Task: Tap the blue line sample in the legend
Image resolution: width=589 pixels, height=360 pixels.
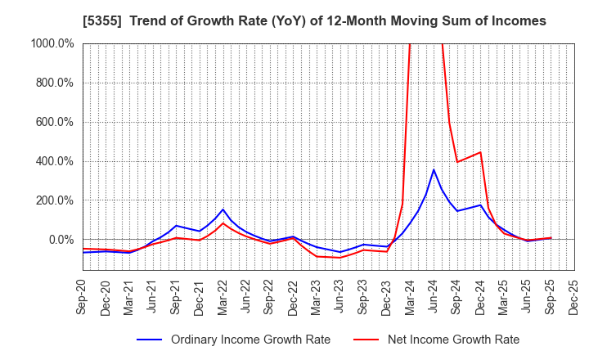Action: pos(159,340)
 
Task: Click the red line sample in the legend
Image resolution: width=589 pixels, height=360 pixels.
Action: pos(365,340)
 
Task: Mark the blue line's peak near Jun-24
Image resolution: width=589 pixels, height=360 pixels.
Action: pos(434,169)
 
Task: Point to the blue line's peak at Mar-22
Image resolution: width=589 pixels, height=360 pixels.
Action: pos(223,209)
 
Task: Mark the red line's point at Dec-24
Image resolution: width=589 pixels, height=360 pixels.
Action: pos(480,152)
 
